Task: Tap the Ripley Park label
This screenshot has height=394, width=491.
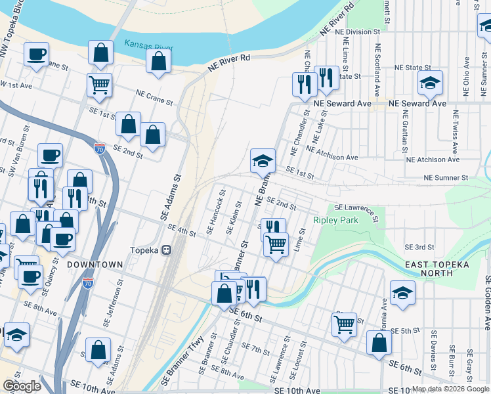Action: pyautogui.click(x=336, y=220)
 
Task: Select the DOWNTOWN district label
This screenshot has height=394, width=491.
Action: pyautogui.click(x=95, y=264)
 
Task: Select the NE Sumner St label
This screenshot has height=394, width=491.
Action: pyautogui.click(x=446, y=177)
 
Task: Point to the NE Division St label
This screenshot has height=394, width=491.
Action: pyautogui.click(x=359, y=32)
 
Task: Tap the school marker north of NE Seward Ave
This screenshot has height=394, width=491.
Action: pyautogui.click(x=430, y=83)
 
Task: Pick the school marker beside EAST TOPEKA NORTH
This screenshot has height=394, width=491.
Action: pyautogui.click(x=402, y=293)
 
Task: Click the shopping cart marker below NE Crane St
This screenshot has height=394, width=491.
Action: pyautogui.click(x=99, y=84)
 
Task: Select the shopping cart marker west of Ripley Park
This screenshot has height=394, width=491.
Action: pyautogui.click(x=276, y=244)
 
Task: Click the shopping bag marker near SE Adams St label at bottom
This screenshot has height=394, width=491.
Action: pyautogui.click(x=98, y=351)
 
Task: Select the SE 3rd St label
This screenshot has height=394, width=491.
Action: pyautogui.click(x=419, y=247)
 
